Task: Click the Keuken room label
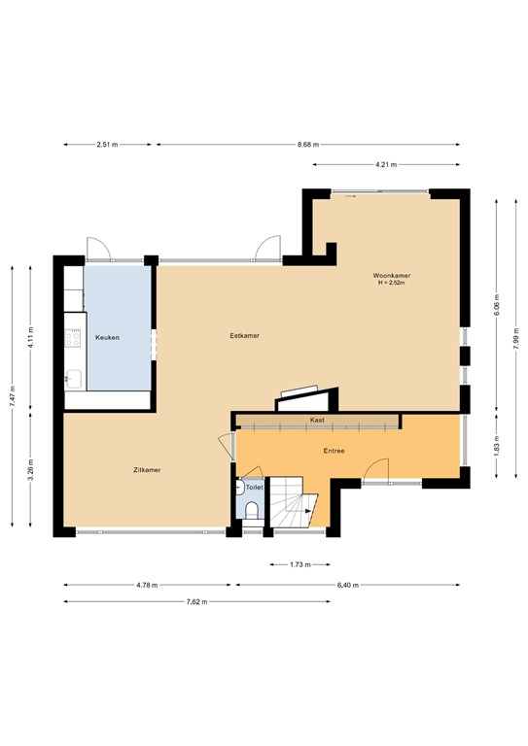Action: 107,337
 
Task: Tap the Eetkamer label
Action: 244,336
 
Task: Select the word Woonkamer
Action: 391,276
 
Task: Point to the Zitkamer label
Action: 147,469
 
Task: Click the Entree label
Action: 334,451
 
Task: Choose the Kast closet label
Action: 317,420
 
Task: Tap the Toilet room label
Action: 254,487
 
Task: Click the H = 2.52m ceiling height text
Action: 391,284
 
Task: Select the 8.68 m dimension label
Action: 311,145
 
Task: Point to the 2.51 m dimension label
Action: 107,145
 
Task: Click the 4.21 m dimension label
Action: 387,164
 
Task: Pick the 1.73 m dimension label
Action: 299,564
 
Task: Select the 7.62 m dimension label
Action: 195,601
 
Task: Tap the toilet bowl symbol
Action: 251,511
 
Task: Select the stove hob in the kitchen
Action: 73,338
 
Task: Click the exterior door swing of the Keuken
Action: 98,250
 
